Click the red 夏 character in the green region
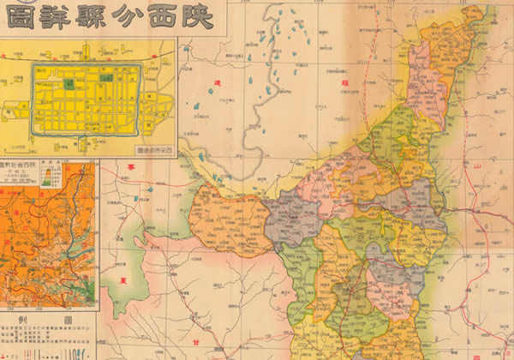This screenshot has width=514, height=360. point(123,279)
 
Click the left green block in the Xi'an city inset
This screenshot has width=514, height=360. point(69,84)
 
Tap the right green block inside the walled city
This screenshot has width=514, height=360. point(105,77)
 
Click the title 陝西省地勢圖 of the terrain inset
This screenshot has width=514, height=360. point(26,165)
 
